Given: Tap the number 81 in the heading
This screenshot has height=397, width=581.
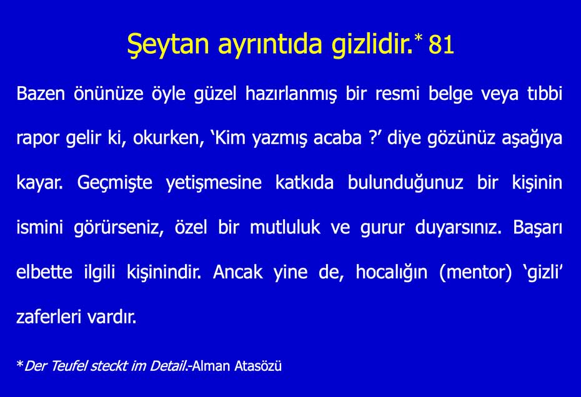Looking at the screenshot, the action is (441, 45).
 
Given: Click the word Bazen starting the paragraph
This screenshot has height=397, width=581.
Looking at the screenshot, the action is (41, 94).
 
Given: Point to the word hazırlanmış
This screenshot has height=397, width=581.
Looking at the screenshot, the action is (291, 94).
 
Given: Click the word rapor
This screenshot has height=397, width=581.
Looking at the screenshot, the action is (37, 139).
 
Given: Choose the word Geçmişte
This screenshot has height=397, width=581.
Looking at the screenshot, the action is (114, 183).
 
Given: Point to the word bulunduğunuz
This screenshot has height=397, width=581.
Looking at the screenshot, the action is (405, 183).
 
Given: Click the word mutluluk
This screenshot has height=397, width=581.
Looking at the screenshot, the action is (285, 227).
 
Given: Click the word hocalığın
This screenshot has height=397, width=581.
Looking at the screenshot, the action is (391, 273).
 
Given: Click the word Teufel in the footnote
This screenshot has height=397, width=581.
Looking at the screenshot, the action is (69, 366).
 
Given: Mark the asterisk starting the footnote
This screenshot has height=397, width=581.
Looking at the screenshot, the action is (20, 364).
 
